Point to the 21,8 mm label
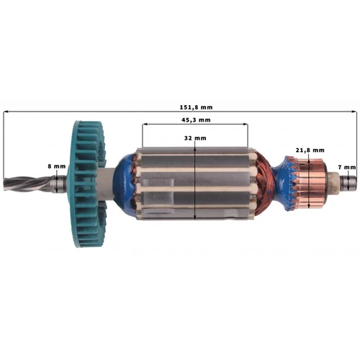[x=310, y=150]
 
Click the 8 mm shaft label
[x=57, y=166]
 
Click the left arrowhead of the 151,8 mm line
[x=6, y=112]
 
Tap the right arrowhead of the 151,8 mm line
[x=354, y=112]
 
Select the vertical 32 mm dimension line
[x=195, y=180]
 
